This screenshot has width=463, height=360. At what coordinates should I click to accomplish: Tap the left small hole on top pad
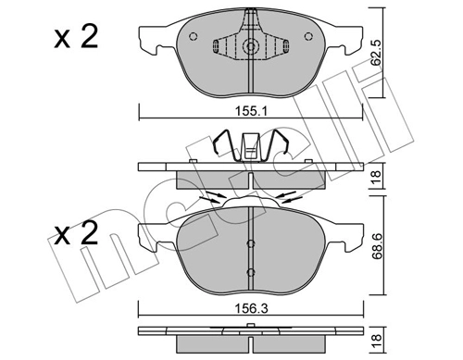click(x=192, y=38)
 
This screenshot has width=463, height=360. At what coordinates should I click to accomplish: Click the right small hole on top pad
click(x=308, y=38)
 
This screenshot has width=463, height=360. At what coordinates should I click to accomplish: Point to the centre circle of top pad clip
click(x=250, y=47)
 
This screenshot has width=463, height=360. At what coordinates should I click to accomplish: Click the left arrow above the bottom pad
click(x=212, y=196)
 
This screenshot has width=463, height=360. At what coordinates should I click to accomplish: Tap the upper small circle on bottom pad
click(x=250, y=244)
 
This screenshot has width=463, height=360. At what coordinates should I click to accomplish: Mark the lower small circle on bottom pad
click(x=250, y=271)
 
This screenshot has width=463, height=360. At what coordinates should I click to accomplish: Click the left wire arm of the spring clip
click(x=219, y=144)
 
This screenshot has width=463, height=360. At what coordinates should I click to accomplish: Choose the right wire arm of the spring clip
click(x=283, y=144)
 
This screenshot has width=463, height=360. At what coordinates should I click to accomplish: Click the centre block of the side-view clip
click(x=250, y=149)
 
